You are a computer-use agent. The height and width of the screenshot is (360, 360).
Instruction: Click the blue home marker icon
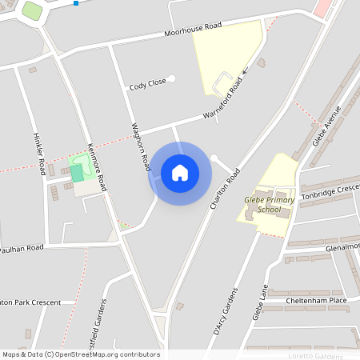coord(179,172)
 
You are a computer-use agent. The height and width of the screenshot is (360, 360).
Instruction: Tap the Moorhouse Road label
coord(192,30)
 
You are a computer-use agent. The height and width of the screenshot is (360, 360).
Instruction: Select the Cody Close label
coord(147,83)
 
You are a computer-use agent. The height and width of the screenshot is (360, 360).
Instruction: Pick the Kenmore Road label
coord(96,166)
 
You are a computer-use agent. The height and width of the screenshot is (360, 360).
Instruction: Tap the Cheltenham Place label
coord(316,301)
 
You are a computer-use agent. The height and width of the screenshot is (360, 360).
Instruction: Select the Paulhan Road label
coord(22,248)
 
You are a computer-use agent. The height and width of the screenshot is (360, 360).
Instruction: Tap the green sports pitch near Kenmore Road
coord(77,173)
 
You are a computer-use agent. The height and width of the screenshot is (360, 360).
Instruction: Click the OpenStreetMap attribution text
coord(80,354)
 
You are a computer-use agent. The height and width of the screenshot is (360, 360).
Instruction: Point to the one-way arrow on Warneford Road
coord(245,71)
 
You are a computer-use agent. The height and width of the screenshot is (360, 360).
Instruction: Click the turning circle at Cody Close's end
coord(171,78)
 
